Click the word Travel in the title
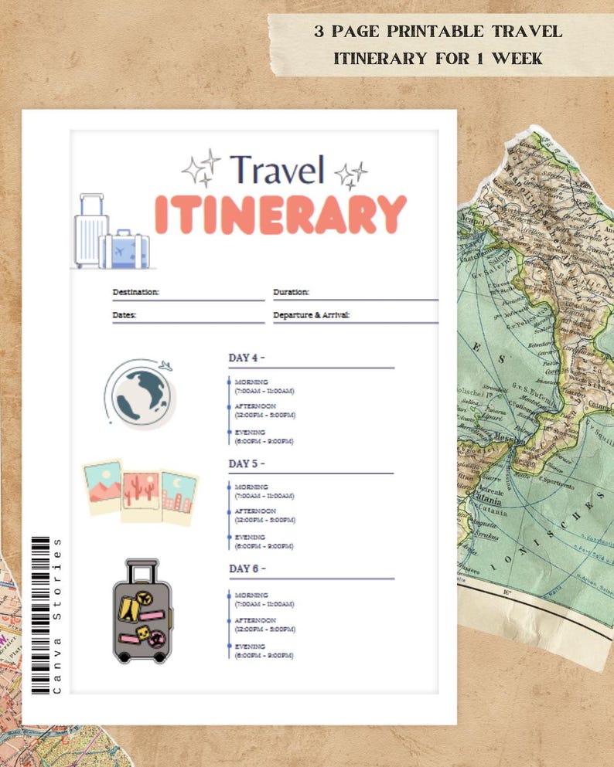click(x=277, y=171)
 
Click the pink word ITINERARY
click(x=280, y=214)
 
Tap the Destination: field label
click(x=135, y=292)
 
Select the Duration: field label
click(x=291, y=292)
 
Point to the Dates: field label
click(x=125, y=315)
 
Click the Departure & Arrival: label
click(x=312, y=315)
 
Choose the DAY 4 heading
click(x=247, y=358)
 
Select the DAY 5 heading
click(x=247, y=463)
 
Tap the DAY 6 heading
click(x=247, y=568)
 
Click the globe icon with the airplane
click(x=140, y=393)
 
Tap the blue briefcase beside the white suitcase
click(x=126, y=250)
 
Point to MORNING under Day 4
click(x=251, y=382)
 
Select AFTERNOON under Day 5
click(x=255, y=511)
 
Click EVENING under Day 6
click(x=250, y=646)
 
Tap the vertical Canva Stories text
click(x=56, y=614)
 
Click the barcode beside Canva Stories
click(x=39, y=615)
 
